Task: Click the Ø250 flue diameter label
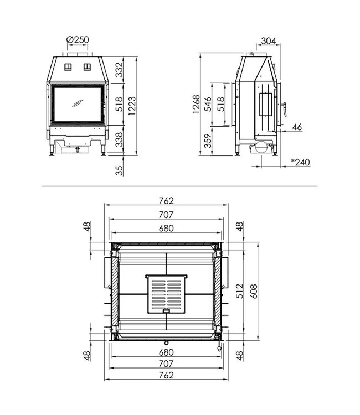pos(78,40)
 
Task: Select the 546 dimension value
pos(208,104)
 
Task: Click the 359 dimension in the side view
pos(208,142)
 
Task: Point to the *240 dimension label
pos(300,163)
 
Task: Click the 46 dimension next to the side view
pos(297,127)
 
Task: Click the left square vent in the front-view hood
pos(69,66)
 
